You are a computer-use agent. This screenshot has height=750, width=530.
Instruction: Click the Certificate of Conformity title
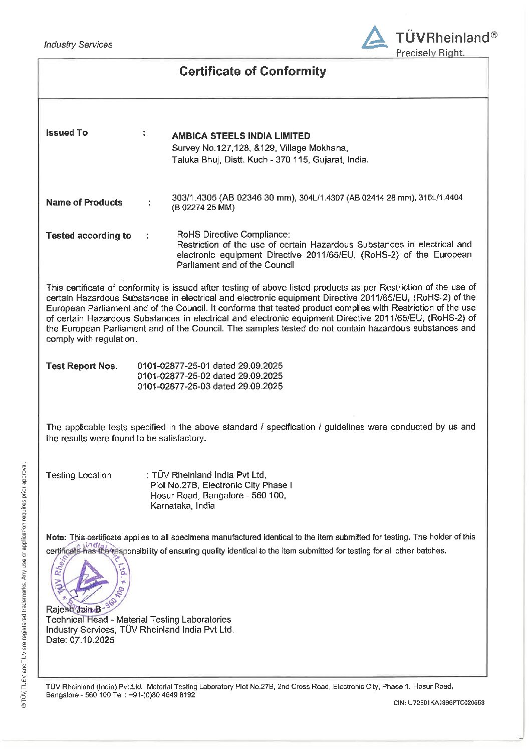tap(252, 71)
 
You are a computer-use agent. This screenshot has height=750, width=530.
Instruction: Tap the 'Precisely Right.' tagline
tap(430, 53)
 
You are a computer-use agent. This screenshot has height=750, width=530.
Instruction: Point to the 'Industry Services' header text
tap(78, 45)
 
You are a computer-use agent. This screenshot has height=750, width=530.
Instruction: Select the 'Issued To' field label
tap(67, 133)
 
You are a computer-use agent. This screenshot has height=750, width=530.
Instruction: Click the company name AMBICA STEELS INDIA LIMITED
tap(241, 136)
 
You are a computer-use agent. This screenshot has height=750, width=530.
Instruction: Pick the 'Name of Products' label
tap(84, 203)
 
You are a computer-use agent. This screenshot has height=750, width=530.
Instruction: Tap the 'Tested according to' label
tap(89, 236)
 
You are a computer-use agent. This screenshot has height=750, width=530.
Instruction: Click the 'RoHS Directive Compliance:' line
tap(233, 234)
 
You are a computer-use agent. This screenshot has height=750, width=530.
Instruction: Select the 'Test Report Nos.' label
tap(82, 366)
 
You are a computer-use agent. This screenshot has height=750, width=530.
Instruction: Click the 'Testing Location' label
tap(79, 475)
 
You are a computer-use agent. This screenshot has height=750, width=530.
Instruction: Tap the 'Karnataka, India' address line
tap(182, 506)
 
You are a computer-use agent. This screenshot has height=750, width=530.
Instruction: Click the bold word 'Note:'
tap(56, 537)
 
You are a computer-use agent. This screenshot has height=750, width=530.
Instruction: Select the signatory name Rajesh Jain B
tap(73, 609)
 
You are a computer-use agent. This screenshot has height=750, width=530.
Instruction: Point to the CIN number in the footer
tap(439, 703)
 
